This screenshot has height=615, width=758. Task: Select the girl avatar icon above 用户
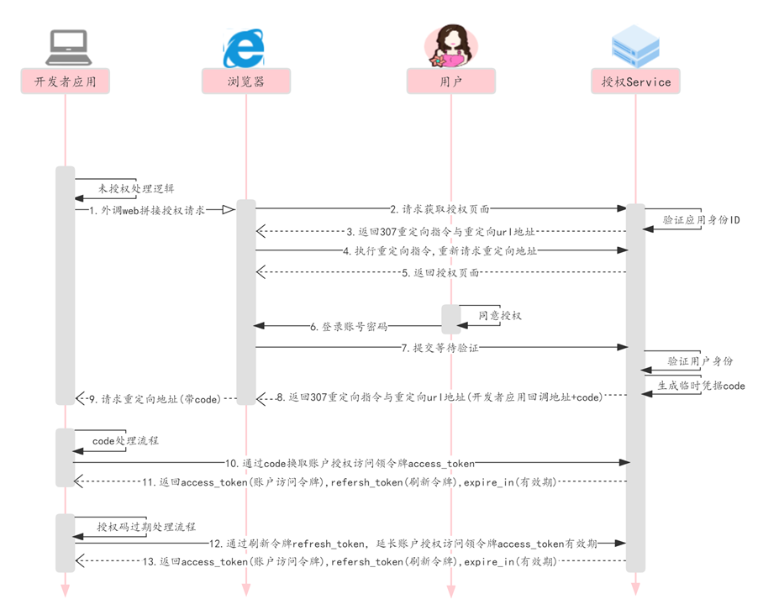coord(451,45)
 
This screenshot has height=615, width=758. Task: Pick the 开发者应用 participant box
coord(66,81)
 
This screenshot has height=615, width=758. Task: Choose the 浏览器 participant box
coord(245,81)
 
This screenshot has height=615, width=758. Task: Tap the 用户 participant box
coord(451,81)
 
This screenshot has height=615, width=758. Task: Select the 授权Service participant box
coord(636,81)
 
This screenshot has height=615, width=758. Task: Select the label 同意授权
coord(500,315)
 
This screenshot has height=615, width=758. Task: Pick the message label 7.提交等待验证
coord(440,347)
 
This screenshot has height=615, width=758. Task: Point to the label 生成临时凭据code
coord(701,386)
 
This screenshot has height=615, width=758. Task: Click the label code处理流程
coord(125,439)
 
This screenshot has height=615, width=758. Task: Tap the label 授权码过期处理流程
coord(145,527)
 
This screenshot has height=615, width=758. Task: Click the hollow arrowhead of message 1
coord(228,209)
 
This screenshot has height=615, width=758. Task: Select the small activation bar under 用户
coord(451,319)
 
